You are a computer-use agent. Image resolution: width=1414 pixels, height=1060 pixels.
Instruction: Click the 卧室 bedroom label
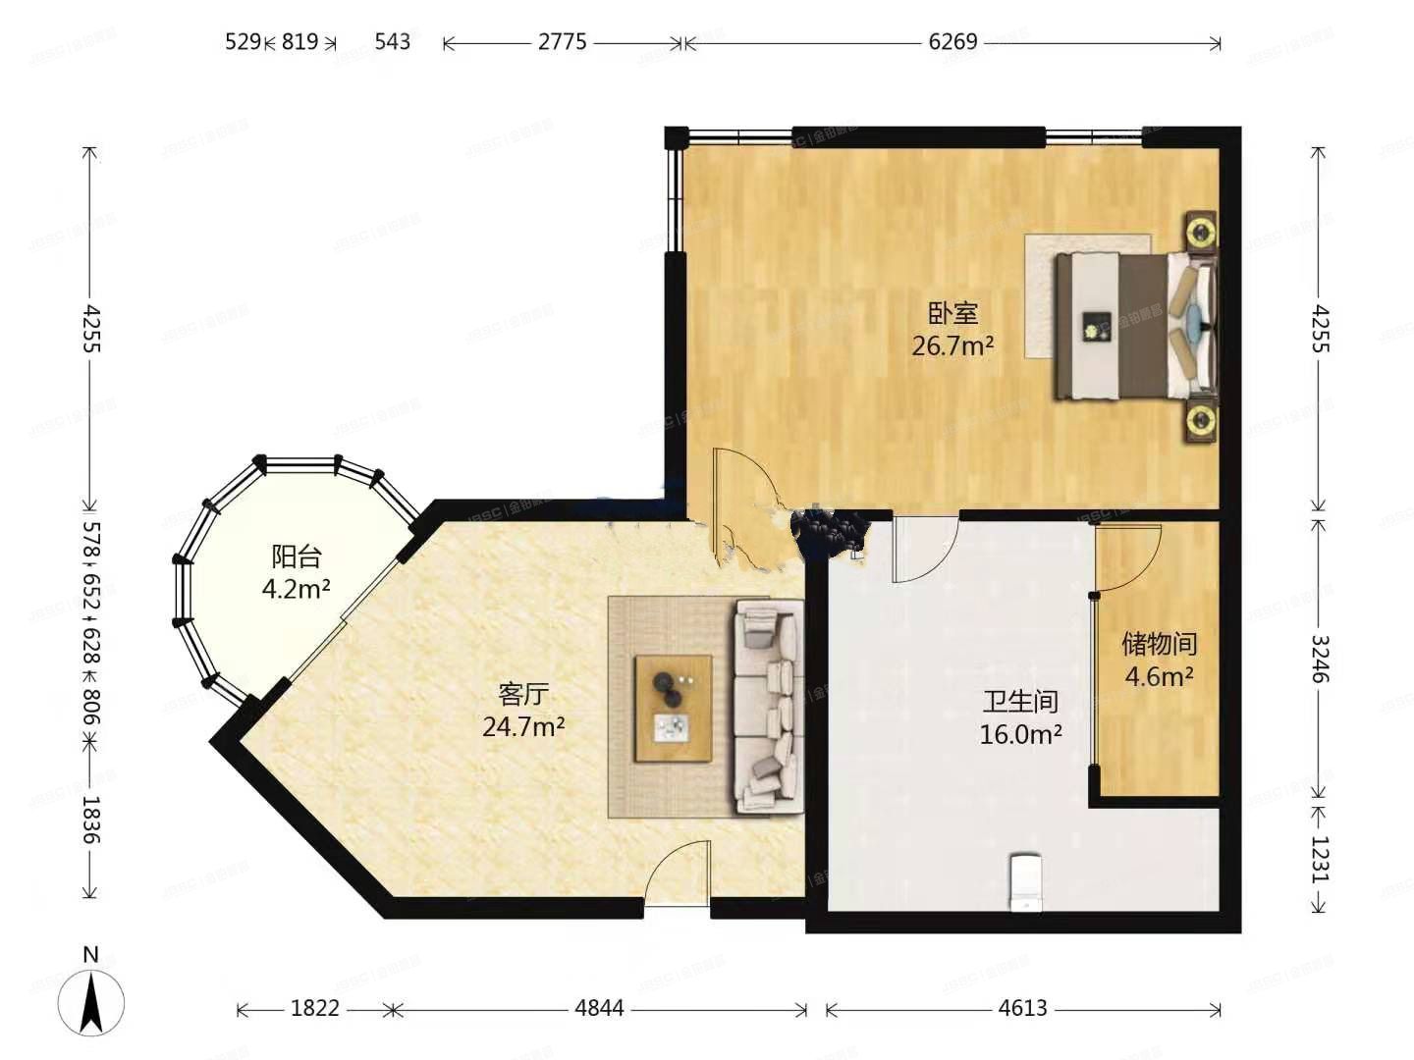pyautogui.click(x=953, y=313)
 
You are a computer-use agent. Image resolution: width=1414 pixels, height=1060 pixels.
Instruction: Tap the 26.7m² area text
pyautogui.click(x=952, y=345)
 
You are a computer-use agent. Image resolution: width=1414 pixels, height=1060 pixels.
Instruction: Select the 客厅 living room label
pyautogui.click(x=522, y=694)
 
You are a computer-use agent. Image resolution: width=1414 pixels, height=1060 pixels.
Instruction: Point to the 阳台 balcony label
pyautogui.click(x=296, y=556)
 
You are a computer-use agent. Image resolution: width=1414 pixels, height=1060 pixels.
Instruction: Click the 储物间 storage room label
pyautogui.click(x=1159, y=644)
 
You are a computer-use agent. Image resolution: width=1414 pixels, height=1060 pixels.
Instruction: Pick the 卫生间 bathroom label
pyautogui.click(x=1020, y=701)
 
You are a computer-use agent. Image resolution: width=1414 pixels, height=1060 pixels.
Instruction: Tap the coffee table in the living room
pyautogui.click(x=674, y=708)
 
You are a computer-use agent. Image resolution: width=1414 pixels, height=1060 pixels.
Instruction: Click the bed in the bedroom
pyautogui.click(x=1134, y=325)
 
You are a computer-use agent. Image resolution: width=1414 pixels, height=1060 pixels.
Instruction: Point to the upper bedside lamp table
pyautogui.click(x=1200, y=232)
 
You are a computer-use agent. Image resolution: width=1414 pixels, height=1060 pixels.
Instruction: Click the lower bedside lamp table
pyautogui.click(x=1200, y=421)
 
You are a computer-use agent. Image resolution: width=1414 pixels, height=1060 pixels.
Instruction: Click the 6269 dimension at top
pyautogui.click(x=952, y=42)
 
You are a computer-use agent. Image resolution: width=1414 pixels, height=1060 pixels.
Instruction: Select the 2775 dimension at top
pyautogui.click(x=562, y=42)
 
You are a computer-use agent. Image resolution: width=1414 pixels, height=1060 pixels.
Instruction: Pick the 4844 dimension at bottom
pyautogui.click(x=599, y=1008)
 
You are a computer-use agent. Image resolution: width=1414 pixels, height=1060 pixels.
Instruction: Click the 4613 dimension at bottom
pyautogui.click(x=1022, y=1008)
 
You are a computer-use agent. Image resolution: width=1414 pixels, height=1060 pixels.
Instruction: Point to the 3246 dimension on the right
pyautogui.click(x=1321, y=659)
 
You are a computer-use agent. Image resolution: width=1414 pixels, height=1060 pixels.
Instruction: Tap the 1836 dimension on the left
pyautogui.click(x=90, y=820)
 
